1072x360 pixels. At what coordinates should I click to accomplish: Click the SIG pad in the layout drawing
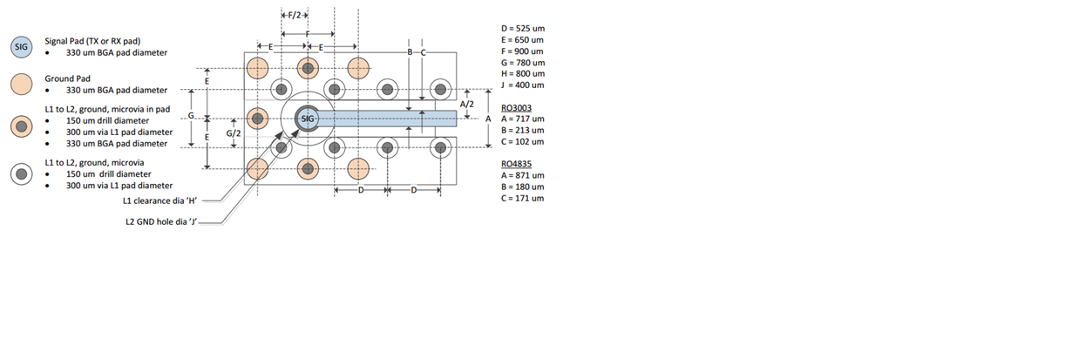tap(308, 119)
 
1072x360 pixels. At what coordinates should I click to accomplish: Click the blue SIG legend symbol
tap(22, 47)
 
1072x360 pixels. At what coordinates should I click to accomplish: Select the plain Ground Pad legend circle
tap(22, 85)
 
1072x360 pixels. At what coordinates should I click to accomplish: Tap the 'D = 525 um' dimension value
tap(523, 29)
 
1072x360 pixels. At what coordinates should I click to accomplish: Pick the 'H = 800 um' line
tap(523, 74)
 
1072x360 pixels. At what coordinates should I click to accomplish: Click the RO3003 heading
tap(516, 108)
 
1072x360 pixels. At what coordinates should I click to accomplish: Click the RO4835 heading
tap(516, 164)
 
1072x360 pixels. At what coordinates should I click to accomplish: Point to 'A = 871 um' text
tap(523, 176)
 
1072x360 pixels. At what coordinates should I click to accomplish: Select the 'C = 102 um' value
tap(523, 142)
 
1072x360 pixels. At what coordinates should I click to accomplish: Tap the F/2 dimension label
tap(295, 16)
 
